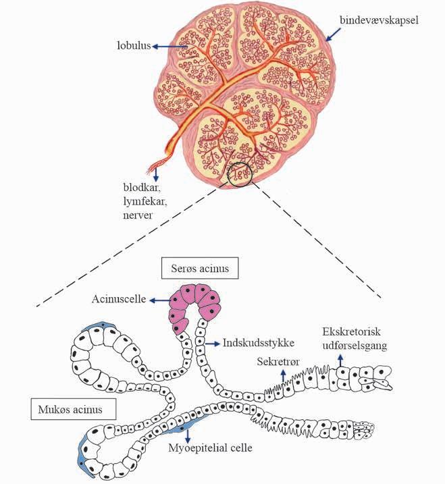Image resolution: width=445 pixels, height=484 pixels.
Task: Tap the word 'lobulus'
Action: pos(134,46)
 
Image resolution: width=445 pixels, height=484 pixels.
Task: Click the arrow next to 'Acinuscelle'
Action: pos(161,298)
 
